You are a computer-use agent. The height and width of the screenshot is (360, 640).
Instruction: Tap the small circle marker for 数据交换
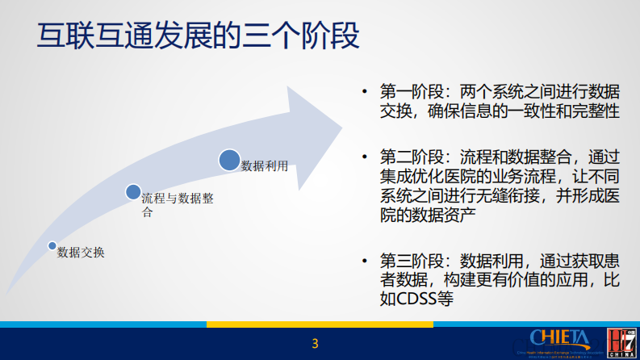[52, 245]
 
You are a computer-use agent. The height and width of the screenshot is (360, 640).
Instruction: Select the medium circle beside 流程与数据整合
[133, 191]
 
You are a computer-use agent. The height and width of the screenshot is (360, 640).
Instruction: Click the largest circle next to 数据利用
[230, 160]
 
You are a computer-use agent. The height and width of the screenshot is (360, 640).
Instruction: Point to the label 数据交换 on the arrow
[81, 253]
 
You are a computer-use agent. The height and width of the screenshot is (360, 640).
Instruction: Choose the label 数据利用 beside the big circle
[265, 165]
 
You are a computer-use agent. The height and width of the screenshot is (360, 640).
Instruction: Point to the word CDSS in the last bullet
[417, 299]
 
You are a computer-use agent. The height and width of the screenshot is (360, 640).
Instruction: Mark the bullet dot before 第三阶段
[365, 262]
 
